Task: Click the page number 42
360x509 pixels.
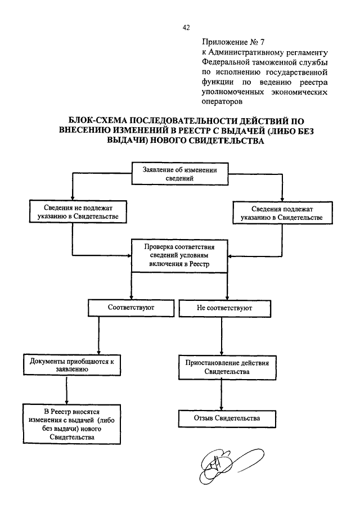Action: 186,28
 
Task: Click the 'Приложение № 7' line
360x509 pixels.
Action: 233,42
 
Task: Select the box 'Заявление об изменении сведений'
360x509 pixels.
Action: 180,174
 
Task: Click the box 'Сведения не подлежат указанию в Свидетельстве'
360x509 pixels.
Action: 78,212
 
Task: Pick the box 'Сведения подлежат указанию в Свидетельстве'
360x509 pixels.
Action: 282,213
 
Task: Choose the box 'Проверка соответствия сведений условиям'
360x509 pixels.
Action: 179,255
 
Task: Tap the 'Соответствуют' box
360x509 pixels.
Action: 131,308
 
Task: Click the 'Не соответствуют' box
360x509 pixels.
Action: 224,308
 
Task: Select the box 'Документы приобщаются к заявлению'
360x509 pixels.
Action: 72,365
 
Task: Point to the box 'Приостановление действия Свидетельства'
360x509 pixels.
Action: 227,367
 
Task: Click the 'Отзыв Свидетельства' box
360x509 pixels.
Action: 227,419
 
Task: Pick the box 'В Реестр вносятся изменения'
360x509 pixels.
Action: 72,424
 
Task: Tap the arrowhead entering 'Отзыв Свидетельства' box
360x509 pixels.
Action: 222,408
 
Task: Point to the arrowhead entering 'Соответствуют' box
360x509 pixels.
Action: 131,297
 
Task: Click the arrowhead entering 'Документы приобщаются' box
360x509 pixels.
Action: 99,352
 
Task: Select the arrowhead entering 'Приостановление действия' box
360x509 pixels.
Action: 222,353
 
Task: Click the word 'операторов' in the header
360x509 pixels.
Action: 222,102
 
